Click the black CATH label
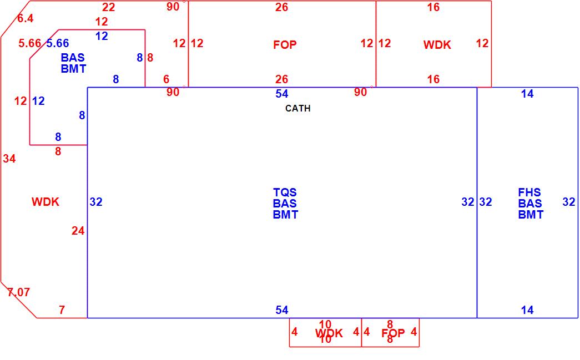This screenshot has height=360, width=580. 297,108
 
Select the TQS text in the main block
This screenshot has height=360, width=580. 285,192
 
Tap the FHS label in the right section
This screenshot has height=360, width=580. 529,192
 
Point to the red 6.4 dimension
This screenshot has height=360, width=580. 25,18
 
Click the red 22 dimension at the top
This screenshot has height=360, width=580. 109,7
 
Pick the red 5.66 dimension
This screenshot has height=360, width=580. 29,43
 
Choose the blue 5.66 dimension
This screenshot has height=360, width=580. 58,43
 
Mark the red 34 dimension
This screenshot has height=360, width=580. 9,159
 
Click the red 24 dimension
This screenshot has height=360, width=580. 78,231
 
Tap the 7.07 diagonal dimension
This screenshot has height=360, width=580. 18,292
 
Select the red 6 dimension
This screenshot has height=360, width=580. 166,79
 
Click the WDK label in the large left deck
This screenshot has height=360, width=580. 46,202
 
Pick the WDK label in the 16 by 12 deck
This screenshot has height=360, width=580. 437,45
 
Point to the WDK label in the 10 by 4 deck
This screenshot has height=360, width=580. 329,333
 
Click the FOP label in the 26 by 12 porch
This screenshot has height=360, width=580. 285,44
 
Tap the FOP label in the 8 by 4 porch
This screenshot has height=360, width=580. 393,333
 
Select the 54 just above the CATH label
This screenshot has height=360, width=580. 282,94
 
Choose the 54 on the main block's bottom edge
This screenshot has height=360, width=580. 282,310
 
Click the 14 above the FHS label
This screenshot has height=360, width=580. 527,94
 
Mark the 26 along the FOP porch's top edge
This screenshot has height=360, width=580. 282,7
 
